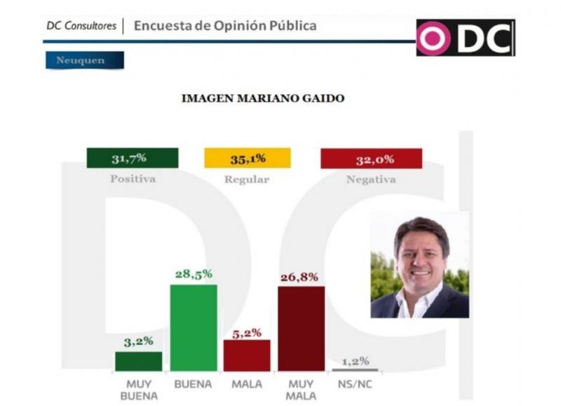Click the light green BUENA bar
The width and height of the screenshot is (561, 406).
tap(194, 327)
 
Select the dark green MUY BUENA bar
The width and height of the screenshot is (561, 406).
tap(138, 361)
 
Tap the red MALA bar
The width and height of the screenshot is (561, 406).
tap(247, 356)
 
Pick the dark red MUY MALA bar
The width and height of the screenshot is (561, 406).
tap(301, 328)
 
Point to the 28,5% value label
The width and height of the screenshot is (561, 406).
tap(193, 273)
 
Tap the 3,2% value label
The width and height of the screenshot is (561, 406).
tap(139, 341)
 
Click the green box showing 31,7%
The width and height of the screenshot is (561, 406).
tap(132, 158)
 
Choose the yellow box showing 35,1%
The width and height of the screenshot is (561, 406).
tap(247, 158)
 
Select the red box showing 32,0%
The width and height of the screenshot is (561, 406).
tap(371, 158)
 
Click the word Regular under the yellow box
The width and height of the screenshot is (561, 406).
tap(247, 180)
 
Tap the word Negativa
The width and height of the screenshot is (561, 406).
tap(371, 180)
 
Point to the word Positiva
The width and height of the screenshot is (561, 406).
tap(133, 179)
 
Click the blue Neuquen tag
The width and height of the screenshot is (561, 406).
tap(84, 60)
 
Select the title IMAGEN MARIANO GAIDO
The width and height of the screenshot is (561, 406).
tap(263, 99)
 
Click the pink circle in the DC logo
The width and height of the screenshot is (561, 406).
tap(433, 39)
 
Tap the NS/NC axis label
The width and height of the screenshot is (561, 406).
tap(355, 384)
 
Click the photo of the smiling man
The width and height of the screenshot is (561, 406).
tap(420, 267)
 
